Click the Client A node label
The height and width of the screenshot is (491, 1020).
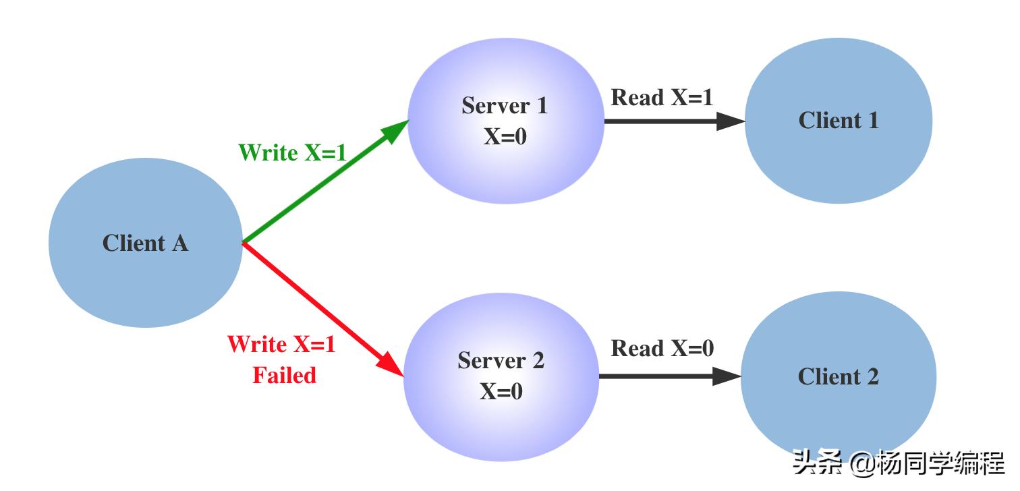click(x=145, y=243)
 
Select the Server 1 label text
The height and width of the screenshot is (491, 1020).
click(x=505, y=106)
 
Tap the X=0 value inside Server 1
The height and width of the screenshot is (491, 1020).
click(x=505, y=136)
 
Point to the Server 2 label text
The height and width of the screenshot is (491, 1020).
click(x=501, y=361)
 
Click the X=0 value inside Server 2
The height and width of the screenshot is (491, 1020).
click(x=501, y=391)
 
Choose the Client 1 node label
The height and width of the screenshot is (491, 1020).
click(x=839, y=121)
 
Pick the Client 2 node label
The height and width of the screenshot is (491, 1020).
click(x=839, y=376)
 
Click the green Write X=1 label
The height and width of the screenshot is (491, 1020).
click(x=292, y=153)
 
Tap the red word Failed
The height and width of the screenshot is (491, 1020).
click(x=284, y=375)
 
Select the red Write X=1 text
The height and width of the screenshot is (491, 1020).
click(x=281, y=345)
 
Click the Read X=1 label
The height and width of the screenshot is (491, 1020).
click(x=662, y=98)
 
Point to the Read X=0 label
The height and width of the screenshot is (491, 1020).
click(x=662, y=349)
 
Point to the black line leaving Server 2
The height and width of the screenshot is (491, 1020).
click(x=654, y=376)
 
